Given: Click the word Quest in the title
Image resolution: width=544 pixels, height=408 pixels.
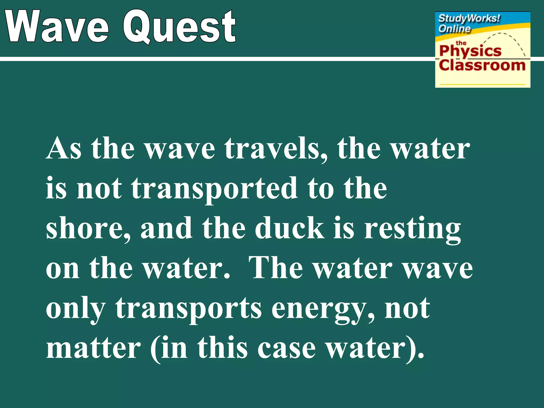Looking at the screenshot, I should pyautogui.click(x=180, y=27).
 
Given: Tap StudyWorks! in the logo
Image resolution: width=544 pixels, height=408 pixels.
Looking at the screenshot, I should pyautogui.click(x=469, y=19).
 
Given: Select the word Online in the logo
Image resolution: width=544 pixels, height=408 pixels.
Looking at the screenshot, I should pyautogui.click(x=454, y=28).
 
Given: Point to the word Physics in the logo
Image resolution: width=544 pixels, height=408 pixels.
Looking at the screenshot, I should pyautogui.click(x=470, y=51).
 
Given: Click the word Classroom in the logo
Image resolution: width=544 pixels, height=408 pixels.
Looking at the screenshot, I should pyautogui.click(x=482, y=65).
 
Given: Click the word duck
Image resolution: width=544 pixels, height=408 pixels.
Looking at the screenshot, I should pyautogui.click(x=290, y=228).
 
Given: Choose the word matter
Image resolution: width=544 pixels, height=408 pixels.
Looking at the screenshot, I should pyautogui.click(x=93, y=348).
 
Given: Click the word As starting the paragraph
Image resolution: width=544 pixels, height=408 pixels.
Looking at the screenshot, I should pyautogui.click(x=64, y=149).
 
